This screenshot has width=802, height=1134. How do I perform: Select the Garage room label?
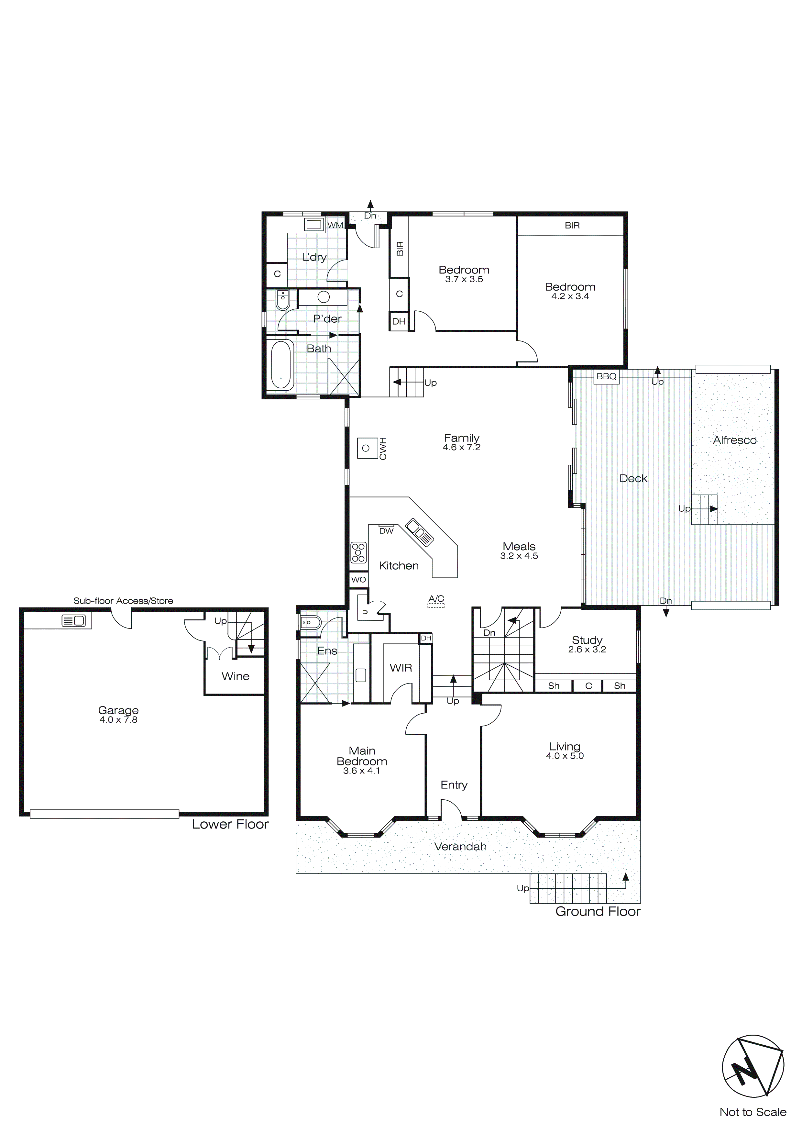(x=118, y=710)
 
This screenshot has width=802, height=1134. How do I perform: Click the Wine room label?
(x=236, y=676)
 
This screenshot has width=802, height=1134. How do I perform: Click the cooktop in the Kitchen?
(x=358, y=553)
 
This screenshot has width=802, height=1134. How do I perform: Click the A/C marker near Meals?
(x=436, y=601)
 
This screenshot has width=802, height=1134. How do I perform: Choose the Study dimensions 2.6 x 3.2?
(x=587, y=650)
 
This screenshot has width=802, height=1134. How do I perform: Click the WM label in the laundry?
(x=335, y=225)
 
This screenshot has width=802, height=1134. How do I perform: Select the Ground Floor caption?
(x=598, y=912)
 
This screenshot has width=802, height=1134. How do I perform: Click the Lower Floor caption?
(x=230, y=824)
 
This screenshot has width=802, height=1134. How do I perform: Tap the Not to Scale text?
(x=753, y=1112)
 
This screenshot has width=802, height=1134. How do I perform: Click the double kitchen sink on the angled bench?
(x=419, y=532)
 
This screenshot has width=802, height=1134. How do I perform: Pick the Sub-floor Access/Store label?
(x=124, y=601)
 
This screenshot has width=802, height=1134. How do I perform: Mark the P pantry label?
(x=365, y=613)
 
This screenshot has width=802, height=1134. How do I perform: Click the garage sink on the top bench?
(x=73, y=620)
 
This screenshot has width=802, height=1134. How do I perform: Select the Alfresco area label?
(x=734, y=440)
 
